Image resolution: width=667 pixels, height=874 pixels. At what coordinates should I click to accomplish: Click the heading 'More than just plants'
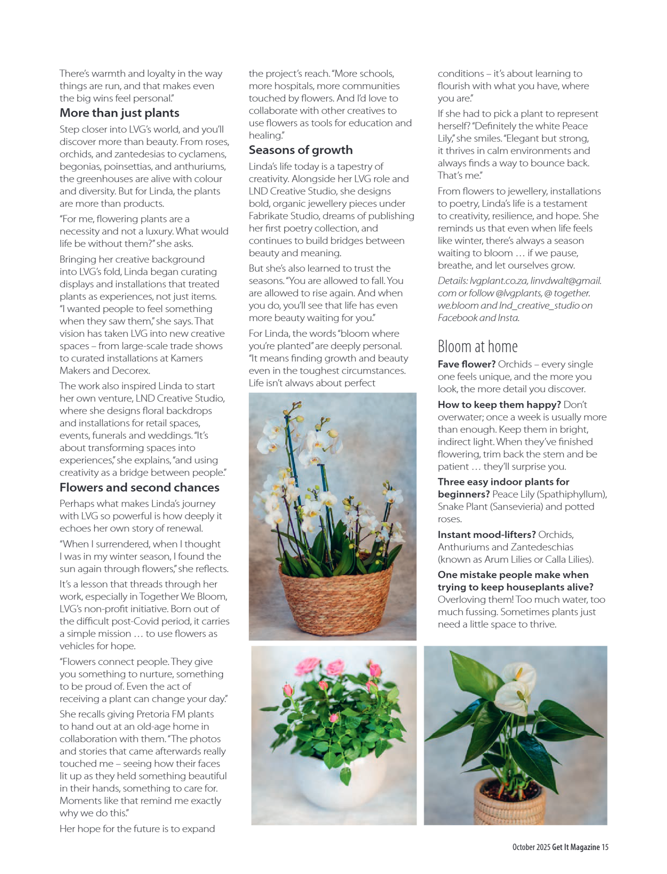pyautogui.click(x=119, y=113)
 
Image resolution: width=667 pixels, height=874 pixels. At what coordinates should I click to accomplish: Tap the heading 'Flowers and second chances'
pyautogui.click(x=139, y=487)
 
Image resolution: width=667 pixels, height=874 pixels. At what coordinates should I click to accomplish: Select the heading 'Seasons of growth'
pyautogui.click(x=300, y=150)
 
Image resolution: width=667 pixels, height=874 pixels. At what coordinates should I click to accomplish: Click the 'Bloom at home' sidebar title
pyautogui.click(x=477, y=347)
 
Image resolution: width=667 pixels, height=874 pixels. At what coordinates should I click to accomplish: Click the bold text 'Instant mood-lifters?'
pyautogui.click(x=486, y=534)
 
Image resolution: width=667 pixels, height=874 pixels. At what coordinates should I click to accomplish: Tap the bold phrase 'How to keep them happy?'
pyautogui.click(x=499, y=405)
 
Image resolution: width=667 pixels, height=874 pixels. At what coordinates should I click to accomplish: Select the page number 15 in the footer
pyautogui.click(x=605, y=847)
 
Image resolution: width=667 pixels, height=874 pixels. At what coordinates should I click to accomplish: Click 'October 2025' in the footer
pyautogui.click(x=531, y=847)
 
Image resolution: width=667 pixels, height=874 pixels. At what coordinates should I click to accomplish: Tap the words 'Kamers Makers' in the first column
pyautogui.click(x=186, y=358)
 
